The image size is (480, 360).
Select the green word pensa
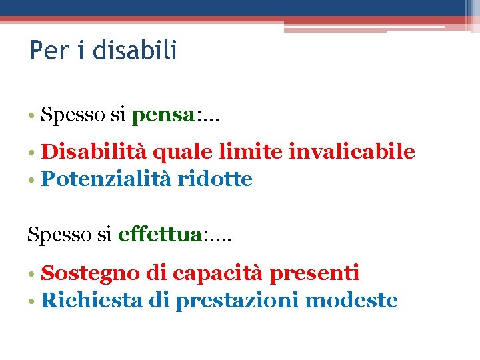tap(163, 116)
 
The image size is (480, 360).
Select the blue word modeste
tap(351, 300)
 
